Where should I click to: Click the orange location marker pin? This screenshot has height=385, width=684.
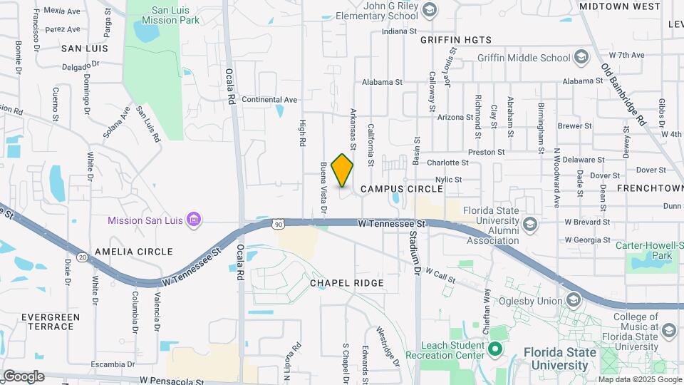click(342, 170)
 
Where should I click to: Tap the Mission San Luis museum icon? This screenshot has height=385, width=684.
click(192, 220)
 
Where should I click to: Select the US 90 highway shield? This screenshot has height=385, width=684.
click(278, 224)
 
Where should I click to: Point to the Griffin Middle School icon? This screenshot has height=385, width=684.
click(581, 57)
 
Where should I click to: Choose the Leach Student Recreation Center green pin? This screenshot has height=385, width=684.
click(493, 349)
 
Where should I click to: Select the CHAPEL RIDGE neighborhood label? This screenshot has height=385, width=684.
click(347, 283)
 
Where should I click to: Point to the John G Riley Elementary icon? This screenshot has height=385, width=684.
click(428, 9)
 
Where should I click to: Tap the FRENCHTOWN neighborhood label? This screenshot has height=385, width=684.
click(650, 189)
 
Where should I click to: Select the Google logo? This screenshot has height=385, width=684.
click(24, 376)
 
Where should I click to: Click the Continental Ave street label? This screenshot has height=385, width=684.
click(269, 100)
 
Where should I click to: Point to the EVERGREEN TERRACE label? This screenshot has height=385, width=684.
click(47, 322)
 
